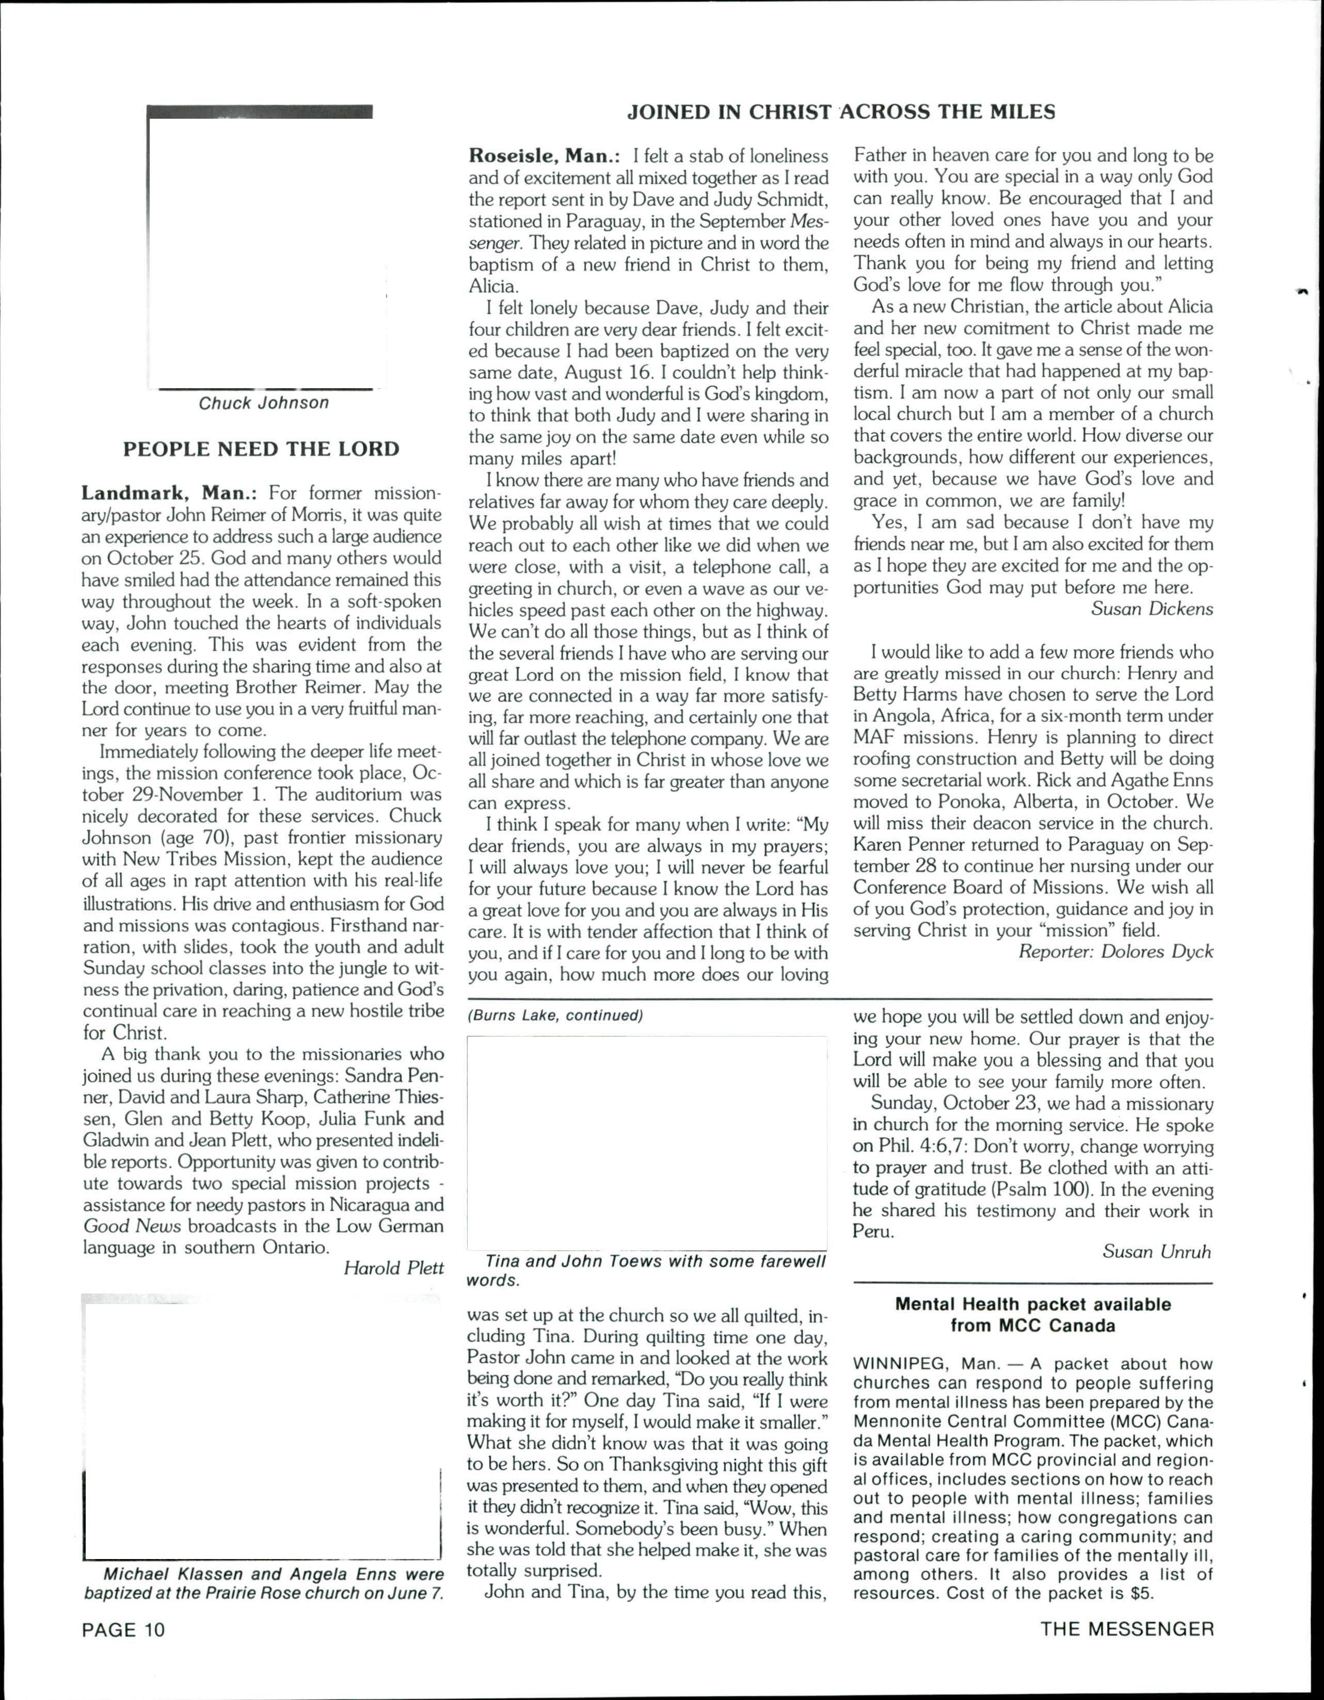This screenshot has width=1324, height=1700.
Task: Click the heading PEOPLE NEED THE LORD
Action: coord(262,449)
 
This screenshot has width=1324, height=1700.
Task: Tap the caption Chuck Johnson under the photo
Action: coord(263,403)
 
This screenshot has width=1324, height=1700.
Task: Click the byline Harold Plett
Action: coord(393,1268)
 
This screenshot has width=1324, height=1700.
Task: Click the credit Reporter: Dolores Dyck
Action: coord(1115,951)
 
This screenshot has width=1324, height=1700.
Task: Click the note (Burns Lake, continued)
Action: coord(555,1016)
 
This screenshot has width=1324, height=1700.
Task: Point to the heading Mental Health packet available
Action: coord(1033,1305)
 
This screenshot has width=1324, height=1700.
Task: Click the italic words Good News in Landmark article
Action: coord(132,1226)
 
